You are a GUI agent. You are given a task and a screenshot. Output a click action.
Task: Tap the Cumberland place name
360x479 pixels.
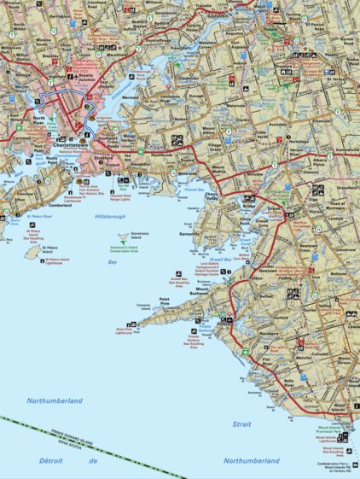pyautogui.click(x=59, y=205)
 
